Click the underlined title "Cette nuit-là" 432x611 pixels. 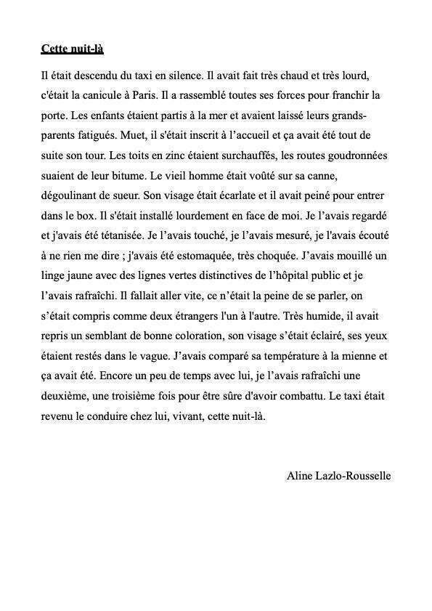[73, 49]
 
